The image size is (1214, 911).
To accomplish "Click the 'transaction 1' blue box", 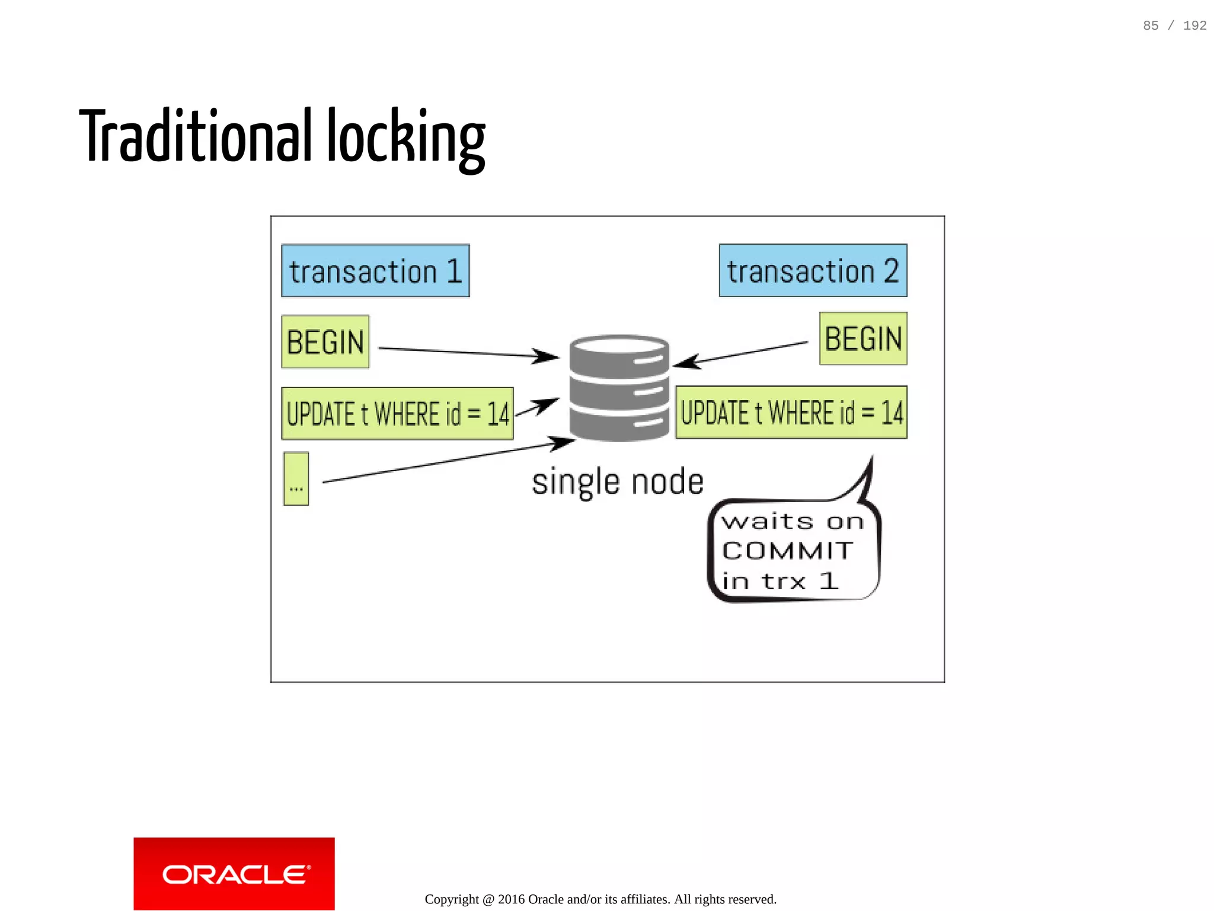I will (375, 271).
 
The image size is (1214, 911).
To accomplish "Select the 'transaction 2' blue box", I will (813, 271).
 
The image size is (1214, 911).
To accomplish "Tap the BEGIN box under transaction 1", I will (325, 342).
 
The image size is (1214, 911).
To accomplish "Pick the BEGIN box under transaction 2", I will (863, 339).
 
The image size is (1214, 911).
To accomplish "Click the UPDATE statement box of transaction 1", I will (397, 414).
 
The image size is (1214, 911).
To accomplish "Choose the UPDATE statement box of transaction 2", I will (791, 413).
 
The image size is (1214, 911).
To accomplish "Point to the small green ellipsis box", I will (296, 479).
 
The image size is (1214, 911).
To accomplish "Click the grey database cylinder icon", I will (619, 388).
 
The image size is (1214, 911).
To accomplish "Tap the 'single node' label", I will (618, 481).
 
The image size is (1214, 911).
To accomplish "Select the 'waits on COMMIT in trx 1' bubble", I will (793, 549).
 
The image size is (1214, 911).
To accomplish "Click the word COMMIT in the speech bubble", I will (787, 551).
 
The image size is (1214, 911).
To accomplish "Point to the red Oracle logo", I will (234, 874).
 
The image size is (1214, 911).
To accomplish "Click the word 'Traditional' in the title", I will (196, 136).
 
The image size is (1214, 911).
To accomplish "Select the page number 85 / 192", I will (1174, 25).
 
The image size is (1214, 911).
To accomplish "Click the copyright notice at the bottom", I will (600, 899).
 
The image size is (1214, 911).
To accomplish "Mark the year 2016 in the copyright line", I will (511, 899).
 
